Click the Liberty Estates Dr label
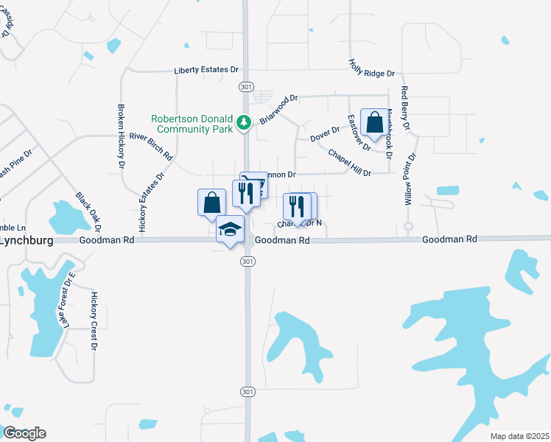coord(206,71)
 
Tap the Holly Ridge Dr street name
coord(372,69)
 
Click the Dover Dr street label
coord(324,133)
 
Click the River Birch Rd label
coord(150,146)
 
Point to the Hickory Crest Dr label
coord(94,320)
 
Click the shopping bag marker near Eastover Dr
coord(374,122)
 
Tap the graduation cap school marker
coord(230,230)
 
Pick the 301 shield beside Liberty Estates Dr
coord(246,87)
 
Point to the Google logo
coord(24,433)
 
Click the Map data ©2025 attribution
coord(519,436)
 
